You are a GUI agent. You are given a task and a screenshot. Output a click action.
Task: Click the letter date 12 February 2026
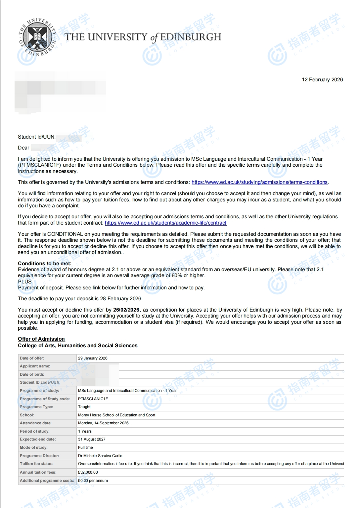click(x=322, y=80)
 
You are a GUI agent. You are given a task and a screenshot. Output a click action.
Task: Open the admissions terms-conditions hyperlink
click(x=259, y=182)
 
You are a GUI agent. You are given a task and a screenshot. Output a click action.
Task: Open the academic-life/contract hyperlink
click(x=165, y=223)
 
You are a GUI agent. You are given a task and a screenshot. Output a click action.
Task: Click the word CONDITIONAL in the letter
click(x=65, y=234)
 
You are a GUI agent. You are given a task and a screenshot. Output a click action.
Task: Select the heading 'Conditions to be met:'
click(x=45, y=264)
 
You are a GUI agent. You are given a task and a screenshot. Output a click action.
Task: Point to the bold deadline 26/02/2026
click(x=126, y=310)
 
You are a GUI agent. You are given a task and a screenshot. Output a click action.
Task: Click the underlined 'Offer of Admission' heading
click(x=41, y=339)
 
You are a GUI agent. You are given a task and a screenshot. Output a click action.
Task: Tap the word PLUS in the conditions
click(x=25, y=282)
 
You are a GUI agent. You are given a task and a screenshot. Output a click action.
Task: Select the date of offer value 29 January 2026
click(x=93, y=358)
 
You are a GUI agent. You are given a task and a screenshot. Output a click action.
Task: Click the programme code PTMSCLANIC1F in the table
click(x=93, y=399)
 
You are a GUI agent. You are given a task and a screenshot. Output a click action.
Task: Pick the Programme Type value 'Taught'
click(x=84, y=407)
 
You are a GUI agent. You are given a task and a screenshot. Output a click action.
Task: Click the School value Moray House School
click(x=116, y=415)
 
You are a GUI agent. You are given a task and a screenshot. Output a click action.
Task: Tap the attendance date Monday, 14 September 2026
click(x=103, y=423)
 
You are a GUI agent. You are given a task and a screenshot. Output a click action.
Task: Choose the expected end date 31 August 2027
click(x=92, y=439)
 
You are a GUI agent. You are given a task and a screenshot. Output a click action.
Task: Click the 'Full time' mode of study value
click(x=85, y=447)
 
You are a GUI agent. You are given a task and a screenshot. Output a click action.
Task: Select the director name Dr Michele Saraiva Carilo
click(x=100, y=456)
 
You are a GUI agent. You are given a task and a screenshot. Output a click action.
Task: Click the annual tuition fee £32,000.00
click(x=88, y=472)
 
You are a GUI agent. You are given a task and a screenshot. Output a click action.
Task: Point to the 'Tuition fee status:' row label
click(x=36, y=464)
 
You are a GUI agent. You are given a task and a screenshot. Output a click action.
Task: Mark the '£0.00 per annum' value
click(x=93, y=481)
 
